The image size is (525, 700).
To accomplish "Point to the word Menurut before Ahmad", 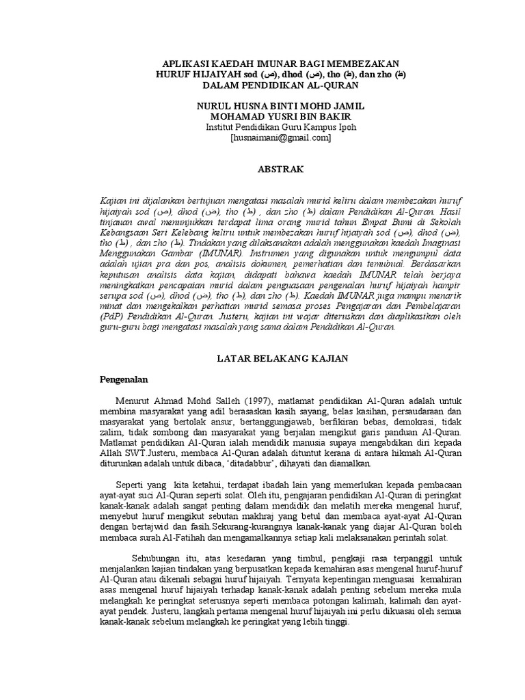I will (x=135, y=401).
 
